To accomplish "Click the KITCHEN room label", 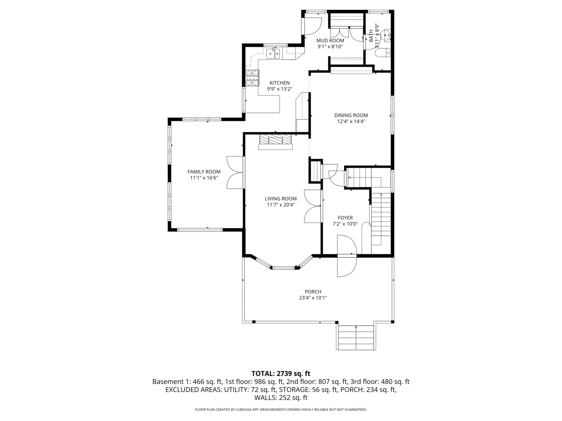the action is point(279,83).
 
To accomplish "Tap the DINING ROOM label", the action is point(351,115).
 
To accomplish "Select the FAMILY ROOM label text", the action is point(204,172).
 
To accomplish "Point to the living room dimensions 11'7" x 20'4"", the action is point(281,205).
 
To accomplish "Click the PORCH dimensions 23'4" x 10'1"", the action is point(313,298).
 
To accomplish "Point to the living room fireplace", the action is point(276,142).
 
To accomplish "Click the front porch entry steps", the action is point(356,338).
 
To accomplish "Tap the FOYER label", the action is point(345,218).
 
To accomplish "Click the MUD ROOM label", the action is point(330,41).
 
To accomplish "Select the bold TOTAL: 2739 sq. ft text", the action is point(281,374).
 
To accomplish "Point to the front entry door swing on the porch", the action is point(347,266).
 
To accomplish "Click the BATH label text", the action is point(371,36).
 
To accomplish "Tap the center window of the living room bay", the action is point(283,268).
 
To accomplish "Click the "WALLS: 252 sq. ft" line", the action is point(281,398).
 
